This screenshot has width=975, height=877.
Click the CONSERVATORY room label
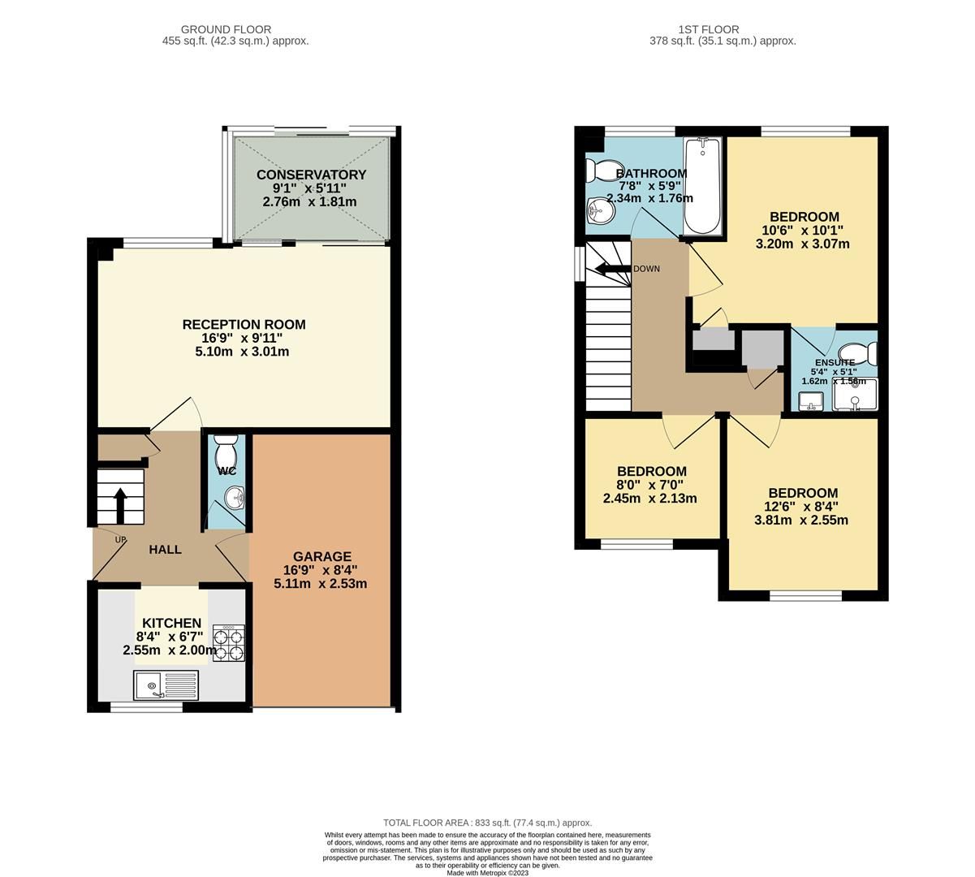pyautogui.click(x=311, y=175)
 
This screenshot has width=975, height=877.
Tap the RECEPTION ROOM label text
pyautogui.click(x=244, y=325)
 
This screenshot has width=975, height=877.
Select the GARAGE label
pyautogui.click(x=322, y=556)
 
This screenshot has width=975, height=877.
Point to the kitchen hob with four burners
pyautogui.click(x=229, y=643)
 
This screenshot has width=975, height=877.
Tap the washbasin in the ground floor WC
pyautogui.click(x=235, y=496)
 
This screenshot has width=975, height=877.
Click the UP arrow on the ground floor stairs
pyautogui.click(x=120, y=504)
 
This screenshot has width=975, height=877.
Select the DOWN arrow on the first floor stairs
pyautogui.click(x=612, y=269)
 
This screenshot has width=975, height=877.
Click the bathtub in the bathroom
pyautogui.click(x=703, y=186)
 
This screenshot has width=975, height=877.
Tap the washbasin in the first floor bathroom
pyautogui.click(x=598, y=212)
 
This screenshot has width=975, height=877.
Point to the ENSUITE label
pyautogui.click(x=834, y=362)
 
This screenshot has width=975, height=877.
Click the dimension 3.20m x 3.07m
pyautogui.click(x=803, y=244)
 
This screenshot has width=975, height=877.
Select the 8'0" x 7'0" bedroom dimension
pyautogui.click(x=651, y=486)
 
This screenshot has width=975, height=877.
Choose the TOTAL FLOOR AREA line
pyautogui.click(x=487, y=823)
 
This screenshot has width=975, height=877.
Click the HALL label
pyautogui.click(x=165, y=550)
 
